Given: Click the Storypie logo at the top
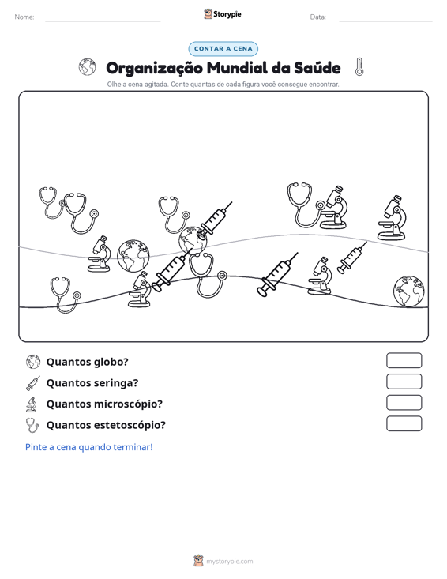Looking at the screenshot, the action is (x=223, y=14).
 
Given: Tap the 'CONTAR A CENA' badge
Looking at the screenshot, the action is (x=223, y=49).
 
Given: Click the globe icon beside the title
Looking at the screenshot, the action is (x=88, y=67).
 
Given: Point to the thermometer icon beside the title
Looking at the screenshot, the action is (x=359, y=67).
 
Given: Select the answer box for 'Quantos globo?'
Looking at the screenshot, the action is (x=404, y=360).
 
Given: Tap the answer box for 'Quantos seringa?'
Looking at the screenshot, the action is (x=404, y=382).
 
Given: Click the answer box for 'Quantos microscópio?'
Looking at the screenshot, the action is (x=404, y=403).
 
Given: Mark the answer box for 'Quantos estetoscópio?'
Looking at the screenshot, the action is (x=404, y=423).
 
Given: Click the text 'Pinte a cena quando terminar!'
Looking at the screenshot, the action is (x=89, y=447).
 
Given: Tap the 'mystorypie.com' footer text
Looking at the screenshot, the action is (x=229, y=562).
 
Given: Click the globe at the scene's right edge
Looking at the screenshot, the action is (x=408, y=291).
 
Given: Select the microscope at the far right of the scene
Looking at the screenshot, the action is (x=392, y=218).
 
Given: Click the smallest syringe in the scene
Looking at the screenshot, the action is (x=351, y=258).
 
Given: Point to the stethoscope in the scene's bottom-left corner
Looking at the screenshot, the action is (x=65, y=295).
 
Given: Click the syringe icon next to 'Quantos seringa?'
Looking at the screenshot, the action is (x=33, y=383).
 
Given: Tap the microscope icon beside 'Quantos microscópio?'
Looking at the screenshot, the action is (x=32, y=404).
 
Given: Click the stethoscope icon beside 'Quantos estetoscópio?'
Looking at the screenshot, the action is (x=32, y=425).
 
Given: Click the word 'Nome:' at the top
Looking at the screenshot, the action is (x=24, y=17).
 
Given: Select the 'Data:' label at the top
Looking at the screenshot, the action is (x=317, y=17).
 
